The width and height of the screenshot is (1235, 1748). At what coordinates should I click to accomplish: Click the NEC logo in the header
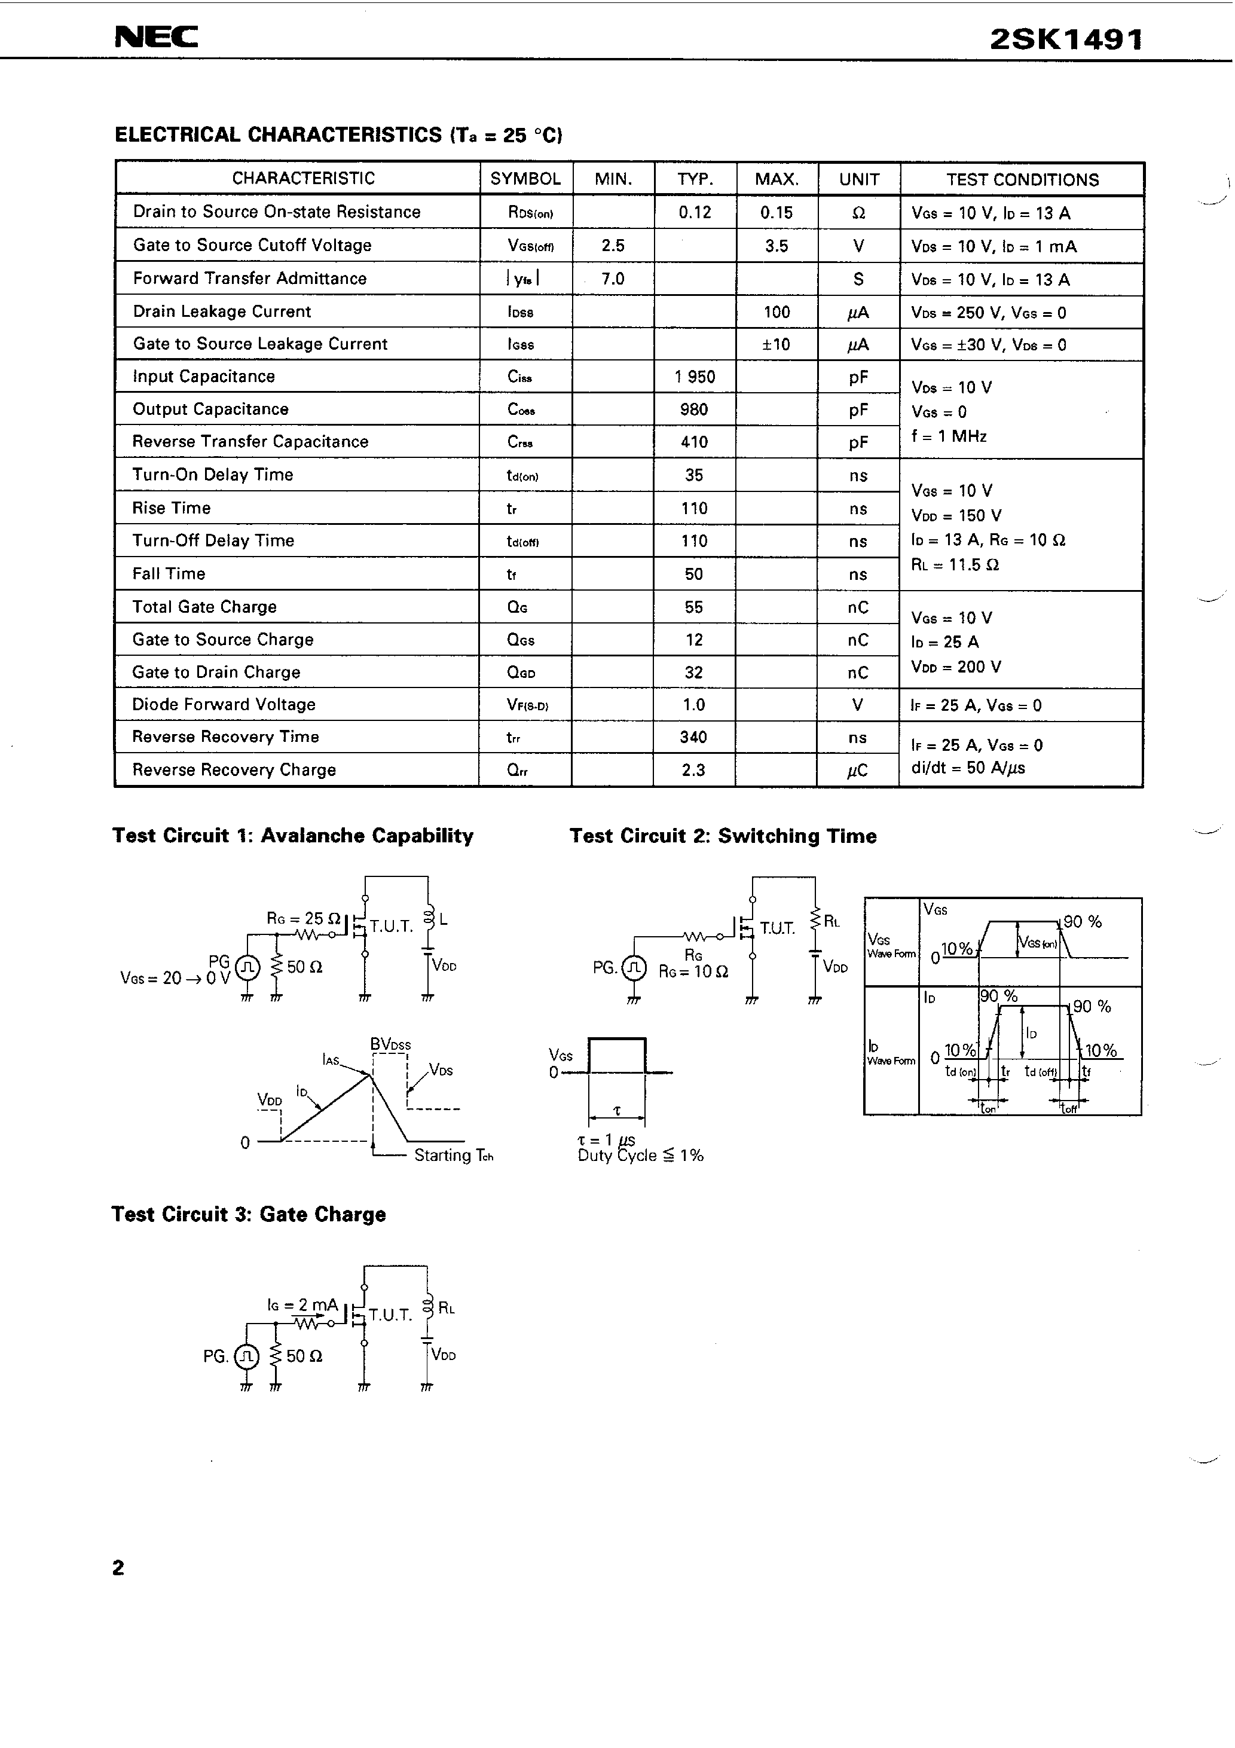tap(156, 36)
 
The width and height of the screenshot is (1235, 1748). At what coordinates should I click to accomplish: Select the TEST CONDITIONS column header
tap(1022, 180)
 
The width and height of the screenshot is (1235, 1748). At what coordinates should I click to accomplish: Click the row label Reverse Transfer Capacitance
tap(250, 442)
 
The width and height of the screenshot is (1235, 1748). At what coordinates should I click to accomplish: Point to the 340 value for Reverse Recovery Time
tap(693, 737)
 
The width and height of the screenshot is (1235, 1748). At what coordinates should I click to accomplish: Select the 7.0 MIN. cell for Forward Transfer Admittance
tap(612, 279)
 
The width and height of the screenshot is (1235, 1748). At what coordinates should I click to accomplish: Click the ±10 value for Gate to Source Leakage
tap(776, 344)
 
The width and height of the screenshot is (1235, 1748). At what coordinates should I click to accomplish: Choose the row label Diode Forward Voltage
tap(223, 704)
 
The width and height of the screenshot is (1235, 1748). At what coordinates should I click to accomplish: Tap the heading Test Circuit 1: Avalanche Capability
tap(293, 836)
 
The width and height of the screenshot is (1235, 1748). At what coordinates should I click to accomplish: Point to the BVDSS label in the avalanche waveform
tap(390, 1044)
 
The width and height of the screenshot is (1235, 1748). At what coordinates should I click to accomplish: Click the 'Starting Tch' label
tap(454, 1156)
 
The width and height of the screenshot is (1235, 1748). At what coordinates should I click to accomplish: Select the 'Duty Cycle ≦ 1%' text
tap(640, 1156)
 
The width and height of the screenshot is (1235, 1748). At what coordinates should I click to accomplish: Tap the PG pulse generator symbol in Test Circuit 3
tap(246, 1356)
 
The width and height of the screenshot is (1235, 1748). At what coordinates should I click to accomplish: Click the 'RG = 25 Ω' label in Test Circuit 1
tap(303, 919)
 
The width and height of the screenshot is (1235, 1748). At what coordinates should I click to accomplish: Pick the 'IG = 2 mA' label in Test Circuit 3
tap(302, 1305)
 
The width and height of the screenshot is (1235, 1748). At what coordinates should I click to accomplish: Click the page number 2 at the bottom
tap(118, 1568)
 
